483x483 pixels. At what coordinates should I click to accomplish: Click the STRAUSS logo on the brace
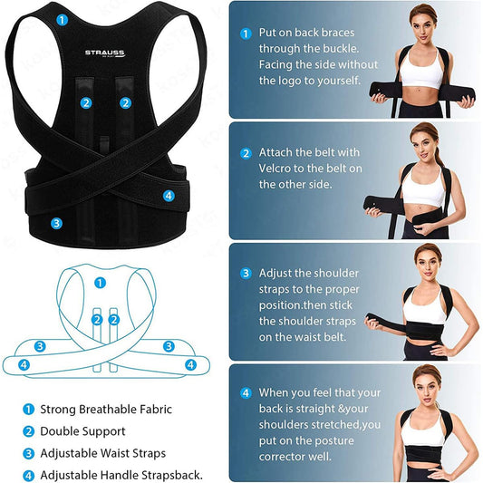105,53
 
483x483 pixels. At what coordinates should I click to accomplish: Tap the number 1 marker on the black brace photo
62,20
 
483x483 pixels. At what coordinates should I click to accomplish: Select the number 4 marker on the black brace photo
169,196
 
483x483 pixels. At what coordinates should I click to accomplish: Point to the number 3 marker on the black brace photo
56,223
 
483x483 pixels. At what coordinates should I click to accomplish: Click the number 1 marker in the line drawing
100,283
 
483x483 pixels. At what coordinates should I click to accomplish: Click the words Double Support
82,431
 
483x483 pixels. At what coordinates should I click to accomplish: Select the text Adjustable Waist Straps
103,453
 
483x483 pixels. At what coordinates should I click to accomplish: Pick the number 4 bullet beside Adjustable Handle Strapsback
28,476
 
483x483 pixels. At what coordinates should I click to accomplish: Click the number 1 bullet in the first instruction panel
246,34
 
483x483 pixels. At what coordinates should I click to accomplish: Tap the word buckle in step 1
341,49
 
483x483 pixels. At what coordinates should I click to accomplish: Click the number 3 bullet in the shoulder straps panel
246,274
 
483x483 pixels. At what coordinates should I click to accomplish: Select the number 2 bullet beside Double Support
28,431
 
